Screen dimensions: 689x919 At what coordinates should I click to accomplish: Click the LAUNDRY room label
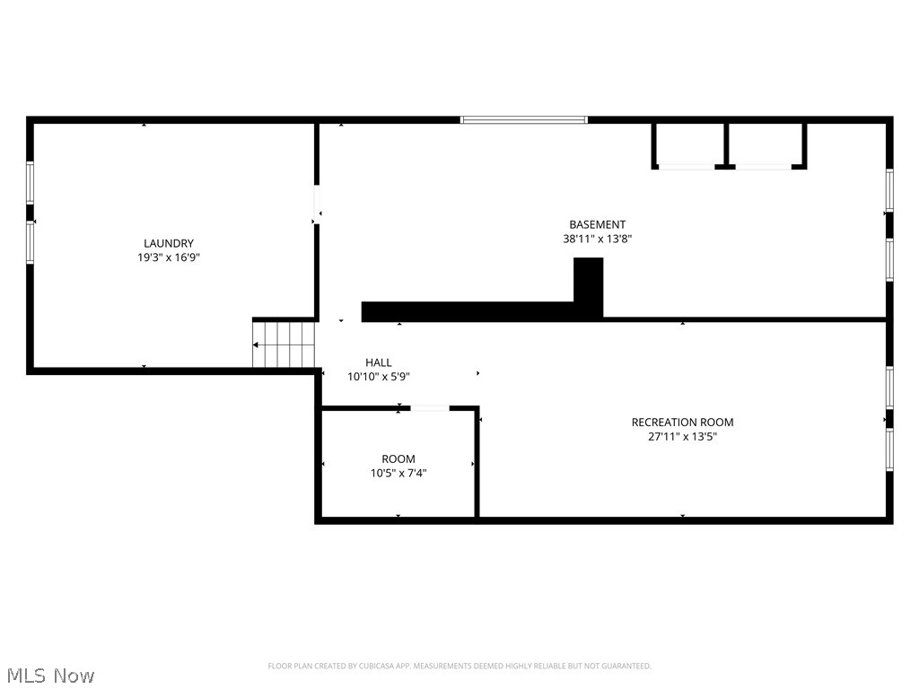point(169,243)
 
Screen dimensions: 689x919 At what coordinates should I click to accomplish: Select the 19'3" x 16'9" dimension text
point(169,257)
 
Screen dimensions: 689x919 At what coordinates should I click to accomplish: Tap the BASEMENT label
point(597,224)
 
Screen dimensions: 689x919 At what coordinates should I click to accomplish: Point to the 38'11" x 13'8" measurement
point(597,239)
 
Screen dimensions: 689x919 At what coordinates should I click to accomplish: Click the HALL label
point(378,362)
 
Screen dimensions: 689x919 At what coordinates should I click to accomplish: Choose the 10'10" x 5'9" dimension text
point(378,377)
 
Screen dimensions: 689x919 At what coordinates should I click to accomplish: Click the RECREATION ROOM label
point(682,422)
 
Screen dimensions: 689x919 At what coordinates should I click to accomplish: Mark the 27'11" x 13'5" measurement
point(682,437)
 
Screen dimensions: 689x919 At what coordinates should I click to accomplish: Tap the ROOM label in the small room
point(398,458)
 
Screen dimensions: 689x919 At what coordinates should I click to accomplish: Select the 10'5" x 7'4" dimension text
point(398,473)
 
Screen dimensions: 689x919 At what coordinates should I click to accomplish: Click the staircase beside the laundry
point(284,344)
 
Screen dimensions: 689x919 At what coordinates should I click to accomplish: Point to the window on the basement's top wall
point(523,119)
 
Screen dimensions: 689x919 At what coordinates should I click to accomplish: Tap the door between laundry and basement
point(317,205)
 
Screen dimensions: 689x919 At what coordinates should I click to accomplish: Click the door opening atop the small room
point(430,408)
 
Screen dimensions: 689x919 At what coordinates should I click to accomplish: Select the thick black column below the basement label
point(588,287)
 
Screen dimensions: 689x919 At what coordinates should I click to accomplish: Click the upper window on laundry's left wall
point(30,182)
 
